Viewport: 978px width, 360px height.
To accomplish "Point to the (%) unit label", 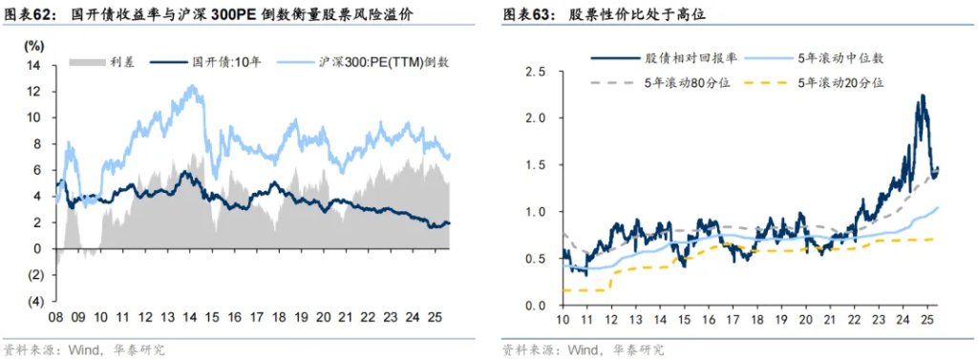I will point(34,45).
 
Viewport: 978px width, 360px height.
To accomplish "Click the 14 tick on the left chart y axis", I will point(36,65).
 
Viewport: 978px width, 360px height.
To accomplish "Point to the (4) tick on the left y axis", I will point(35,301).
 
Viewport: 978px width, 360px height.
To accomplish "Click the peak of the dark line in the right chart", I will point(922,95).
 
